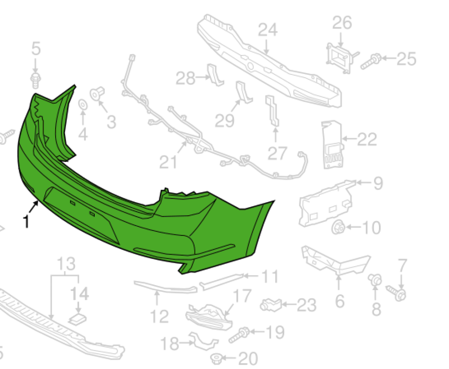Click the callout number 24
268,30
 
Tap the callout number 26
342,23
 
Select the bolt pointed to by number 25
370,61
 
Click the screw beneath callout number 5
35,80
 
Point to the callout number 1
26,221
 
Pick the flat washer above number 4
83,105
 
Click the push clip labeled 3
97,93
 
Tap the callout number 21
168,162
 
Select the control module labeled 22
332,144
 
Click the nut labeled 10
339,228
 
